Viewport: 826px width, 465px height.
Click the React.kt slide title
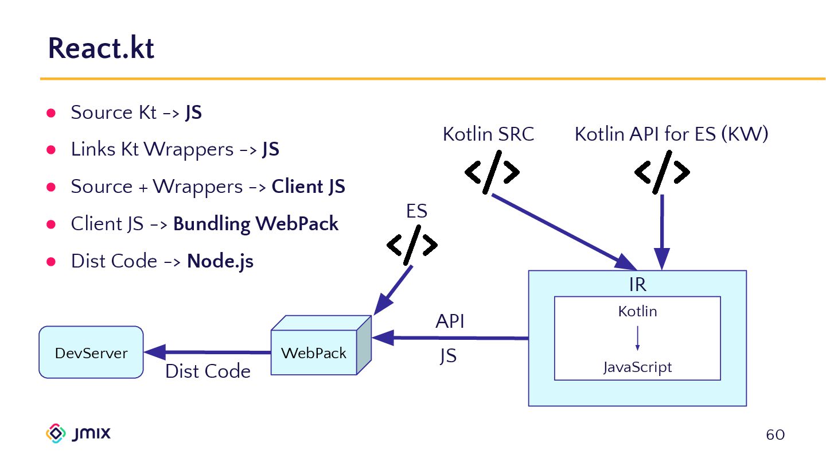point(101,48)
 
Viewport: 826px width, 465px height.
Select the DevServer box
point(91,352)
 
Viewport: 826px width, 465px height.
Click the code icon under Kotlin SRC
point(492,172)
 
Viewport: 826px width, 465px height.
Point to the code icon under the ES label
point(412,245)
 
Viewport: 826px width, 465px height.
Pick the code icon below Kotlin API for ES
point(661,172)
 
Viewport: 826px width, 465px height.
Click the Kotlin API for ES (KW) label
point(671,134)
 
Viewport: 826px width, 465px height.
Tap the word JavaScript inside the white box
point(637,367)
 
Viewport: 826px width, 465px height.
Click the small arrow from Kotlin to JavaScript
point(637,339)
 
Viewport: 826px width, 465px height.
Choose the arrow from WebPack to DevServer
point(206,352)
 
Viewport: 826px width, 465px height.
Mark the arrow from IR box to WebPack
point(450,338)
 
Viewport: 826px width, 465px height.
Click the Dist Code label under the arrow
point(208,371)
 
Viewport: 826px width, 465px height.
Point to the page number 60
point(775,435)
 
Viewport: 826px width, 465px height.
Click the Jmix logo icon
point(56,433)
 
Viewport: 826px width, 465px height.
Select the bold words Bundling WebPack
point(256,224)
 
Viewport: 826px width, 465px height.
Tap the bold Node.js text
point(220,261)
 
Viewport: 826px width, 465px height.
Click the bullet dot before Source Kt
point(50,113)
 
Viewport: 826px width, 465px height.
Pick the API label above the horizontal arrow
point(450,321)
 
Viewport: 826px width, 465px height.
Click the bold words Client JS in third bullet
point(308,187)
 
